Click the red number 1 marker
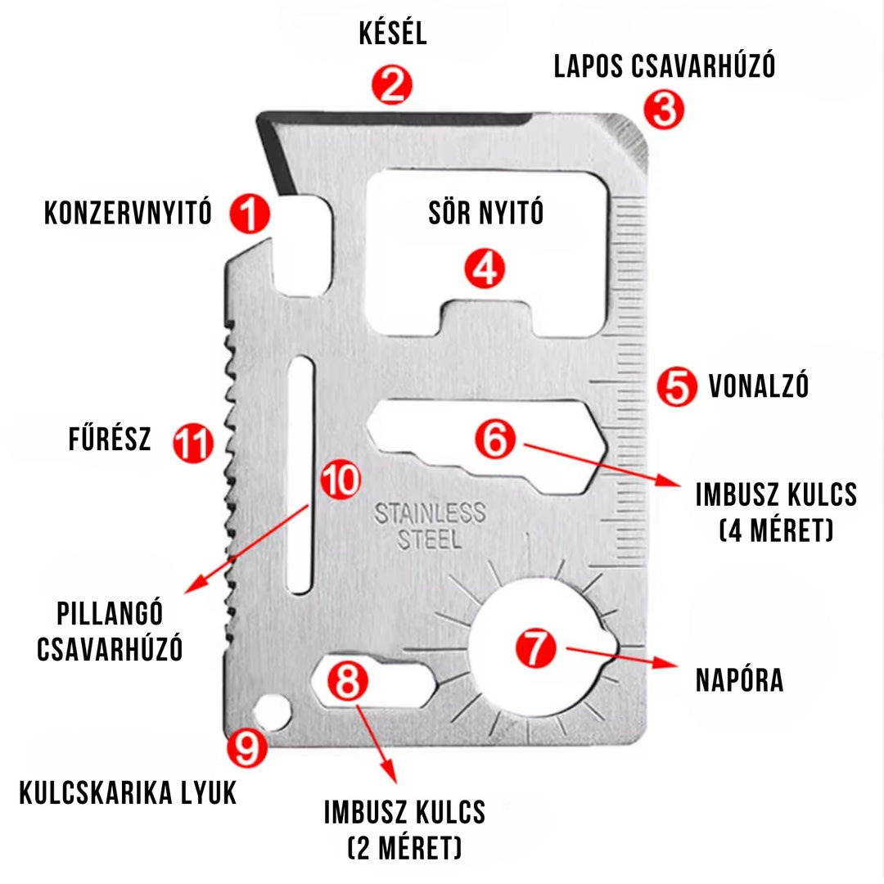pyautogui.click(x=250, y=214)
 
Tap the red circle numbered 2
pyautogui.click(x=392, y=85)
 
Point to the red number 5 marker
pyautogui.click(x=677, y=386)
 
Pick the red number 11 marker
pyautogui.click(x=193, y=444)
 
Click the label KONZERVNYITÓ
pyautogui.click(x=128, y=214)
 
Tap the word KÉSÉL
pyautogui.click(x=393, y=34)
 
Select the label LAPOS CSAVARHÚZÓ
pyautogui.click(x=664, y=66)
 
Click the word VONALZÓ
pyautogui.click(x=758, y=385)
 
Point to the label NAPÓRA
pyautogui.click(x=739, y=680)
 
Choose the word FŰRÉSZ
pyautogui.click(x=110, y=440)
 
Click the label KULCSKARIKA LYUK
pyautogui.click(x=128, y=792)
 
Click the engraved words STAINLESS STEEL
pyautogui.click(x=430, y=526)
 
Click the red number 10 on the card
pyautogui.click(x=338, y=480)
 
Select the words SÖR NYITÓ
pyautogui.click(x=486, y=214)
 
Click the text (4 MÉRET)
pyautogui.click(x=775, y=531)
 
